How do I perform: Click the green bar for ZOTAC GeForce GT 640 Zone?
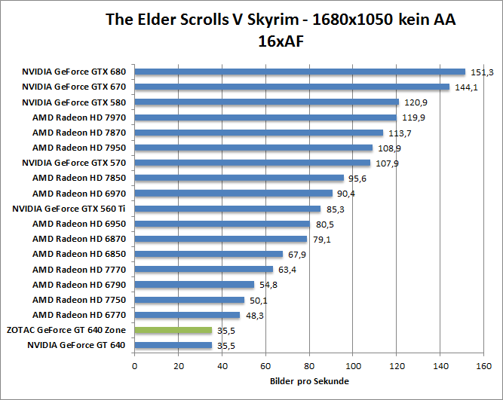click(x=173, y=330)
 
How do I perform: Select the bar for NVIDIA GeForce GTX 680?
click(x=299, y=72)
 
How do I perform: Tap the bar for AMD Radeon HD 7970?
click(x=265, y=118)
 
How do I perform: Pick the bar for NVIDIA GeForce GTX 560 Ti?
click(x=228, y=209)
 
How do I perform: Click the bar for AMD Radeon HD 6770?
click(x=187, y=315)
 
